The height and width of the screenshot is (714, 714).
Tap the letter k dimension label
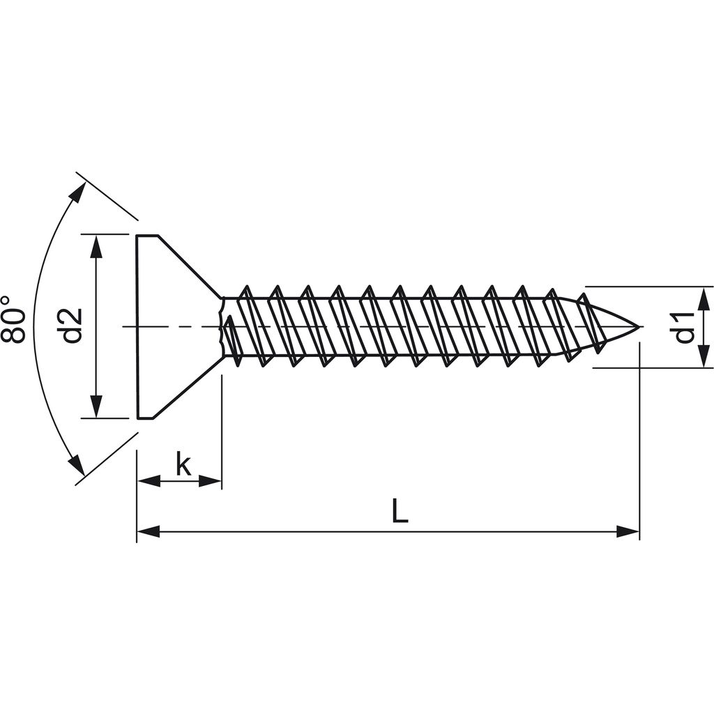[x=183, y=464]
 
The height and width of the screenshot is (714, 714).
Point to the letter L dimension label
[x=399, y=512]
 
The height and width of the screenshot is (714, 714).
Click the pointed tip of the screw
[x=637, y=326]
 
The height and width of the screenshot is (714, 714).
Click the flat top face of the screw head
[x=137, y=326]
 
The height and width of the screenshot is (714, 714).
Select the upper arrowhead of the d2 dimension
[x=96, y=245]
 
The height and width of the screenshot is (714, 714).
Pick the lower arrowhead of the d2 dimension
[x=96, y=407]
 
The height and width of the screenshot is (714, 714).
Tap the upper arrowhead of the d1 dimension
[x=705, y=298]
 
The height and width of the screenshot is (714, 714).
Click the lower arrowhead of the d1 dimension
[x=705, y=356]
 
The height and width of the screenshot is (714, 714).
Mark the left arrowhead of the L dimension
[x=148, y=532]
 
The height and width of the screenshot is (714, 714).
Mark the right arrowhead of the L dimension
[x=628, y=532]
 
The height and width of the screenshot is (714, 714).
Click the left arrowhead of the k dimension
[x=148, y=480]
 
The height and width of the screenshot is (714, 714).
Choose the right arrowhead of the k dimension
[x=211, y=480]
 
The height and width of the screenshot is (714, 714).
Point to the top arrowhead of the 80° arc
[x=78, y=192]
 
